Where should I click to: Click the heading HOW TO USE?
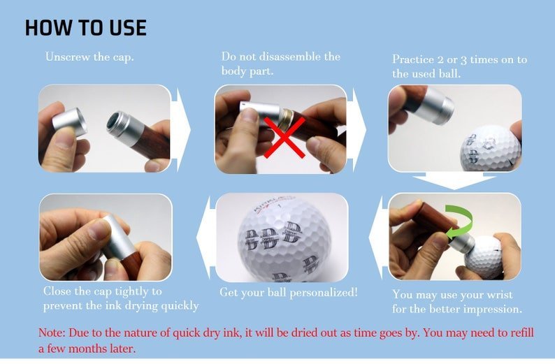85,28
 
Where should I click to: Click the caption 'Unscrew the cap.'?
89,57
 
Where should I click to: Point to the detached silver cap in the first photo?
70,122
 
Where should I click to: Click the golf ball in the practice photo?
489,149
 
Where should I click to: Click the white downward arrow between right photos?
454,182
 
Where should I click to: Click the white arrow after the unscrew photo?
182,129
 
